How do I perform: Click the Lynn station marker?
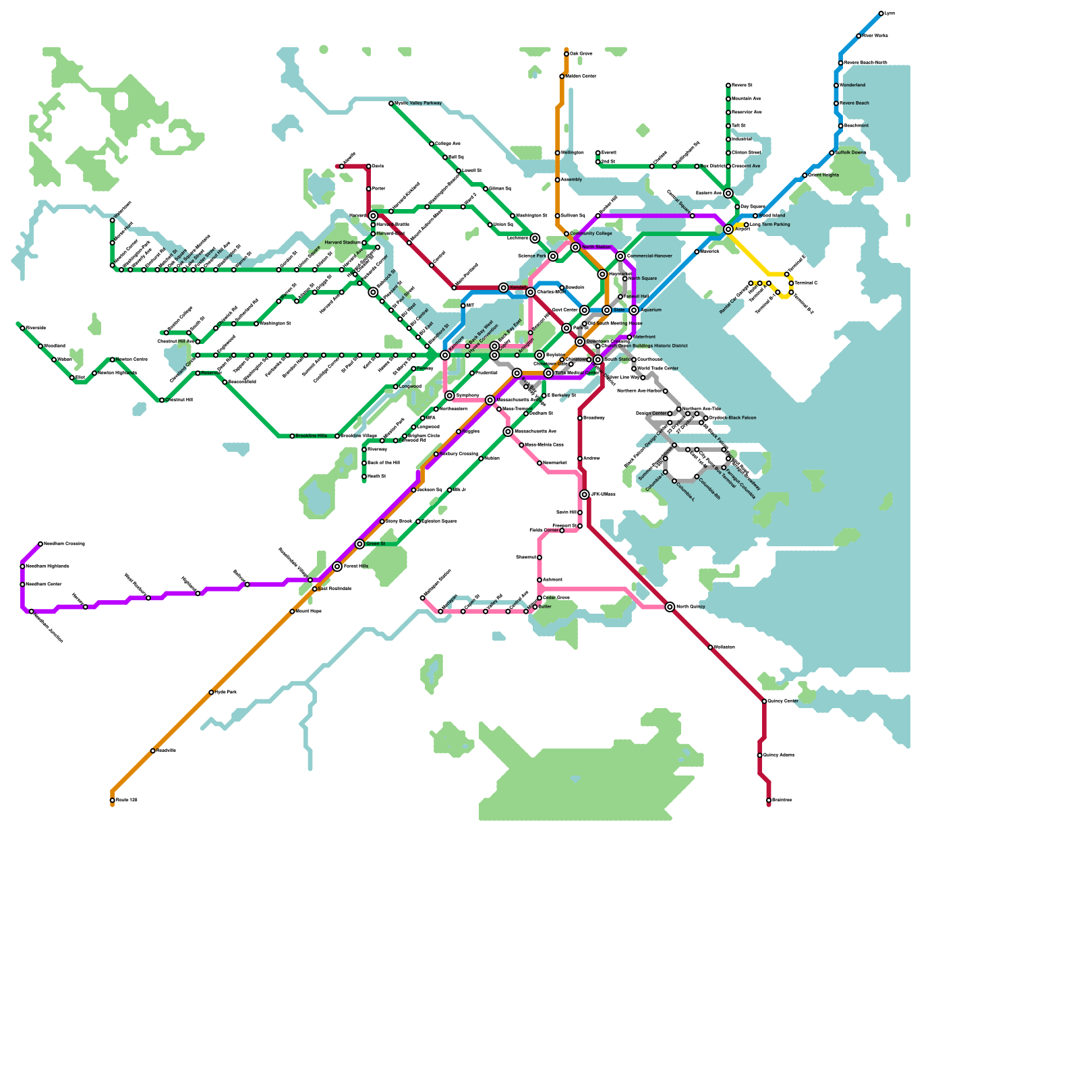click(881, 13)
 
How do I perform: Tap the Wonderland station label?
click(852, 86)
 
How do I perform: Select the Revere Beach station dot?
click(836, 103)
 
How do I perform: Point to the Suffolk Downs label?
click(851, 153)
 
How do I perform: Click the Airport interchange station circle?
click(728, 229)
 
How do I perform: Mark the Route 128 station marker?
click(112, 800)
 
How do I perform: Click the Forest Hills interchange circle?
click(337, 566)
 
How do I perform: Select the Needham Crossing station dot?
click(40, 544)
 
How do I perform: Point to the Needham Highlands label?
click(47, 566)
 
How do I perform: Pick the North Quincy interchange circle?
click(670, 607)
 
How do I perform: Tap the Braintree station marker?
click(769, 800)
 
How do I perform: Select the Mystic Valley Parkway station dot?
click(391, 103)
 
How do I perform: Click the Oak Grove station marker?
click(566, 54)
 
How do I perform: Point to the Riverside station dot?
click(22, 328)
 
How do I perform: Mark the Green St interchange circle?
click(359, 544)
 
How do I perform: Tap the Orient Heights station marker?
click(805, 175)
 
